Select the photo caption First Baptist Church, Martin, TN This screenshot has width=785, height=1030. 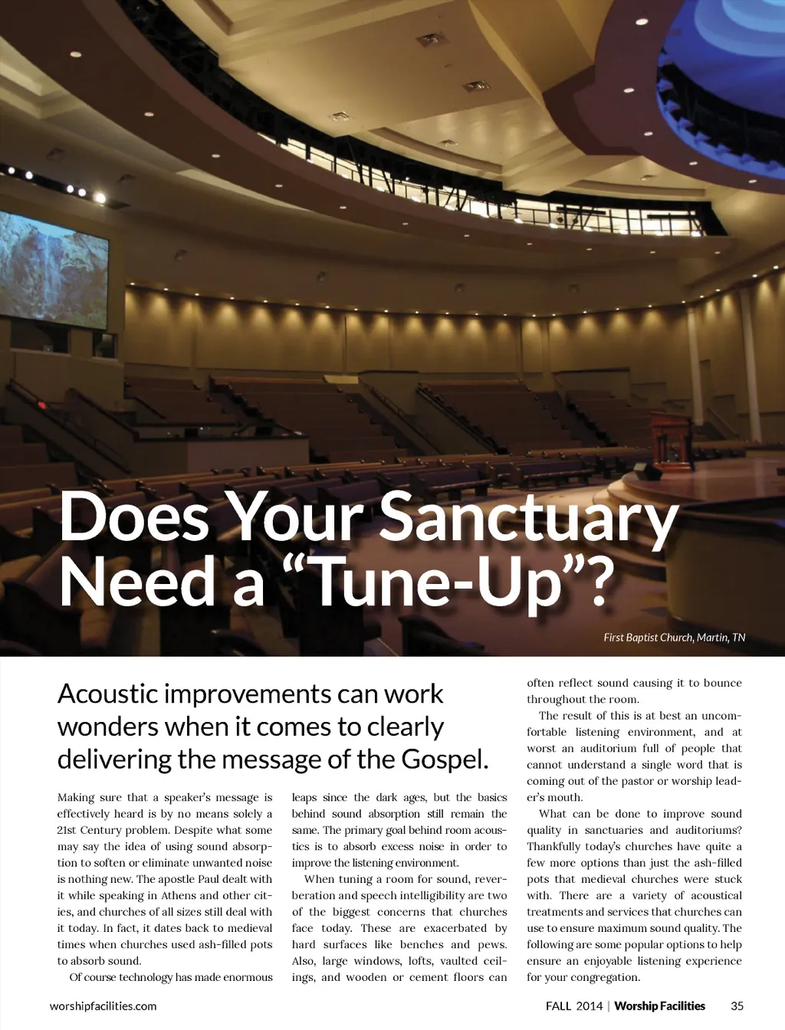coord(674,638)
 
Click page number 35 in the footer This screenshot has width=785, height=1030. coord(737,1006)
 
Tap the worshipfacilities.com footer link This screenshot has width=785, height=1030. coord(103,1006)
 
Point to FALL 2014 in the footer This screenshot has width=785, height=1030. coord(574,1006)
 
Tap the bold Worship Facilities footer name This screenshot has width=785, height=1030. coord(659,1006)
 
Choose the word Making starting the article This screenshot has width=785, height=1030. coord(76,797)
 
